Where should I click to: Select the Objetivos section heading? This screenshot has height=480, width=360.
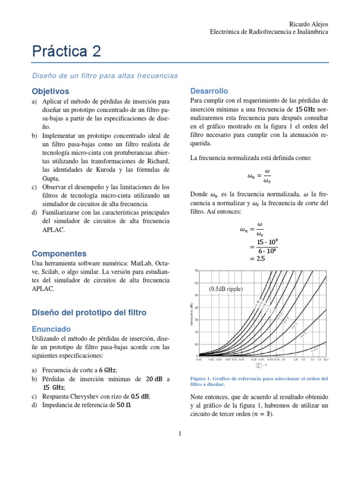50,91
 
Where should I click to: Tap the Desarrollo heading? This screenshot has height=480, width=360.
209,90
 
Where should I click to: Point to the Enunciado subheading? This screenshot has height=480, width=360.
51,330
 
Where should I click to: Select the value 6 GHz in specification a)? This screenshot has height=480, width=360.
107,370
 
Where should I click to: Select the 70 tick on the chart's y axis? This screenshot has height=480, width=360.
197,270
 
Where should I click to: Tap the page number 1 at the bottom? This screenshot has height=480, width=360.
180,434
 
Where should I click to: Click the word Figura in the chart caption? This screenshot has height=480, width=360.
199,378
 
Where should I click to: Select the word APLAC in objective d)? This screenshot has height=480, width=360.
52,230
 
